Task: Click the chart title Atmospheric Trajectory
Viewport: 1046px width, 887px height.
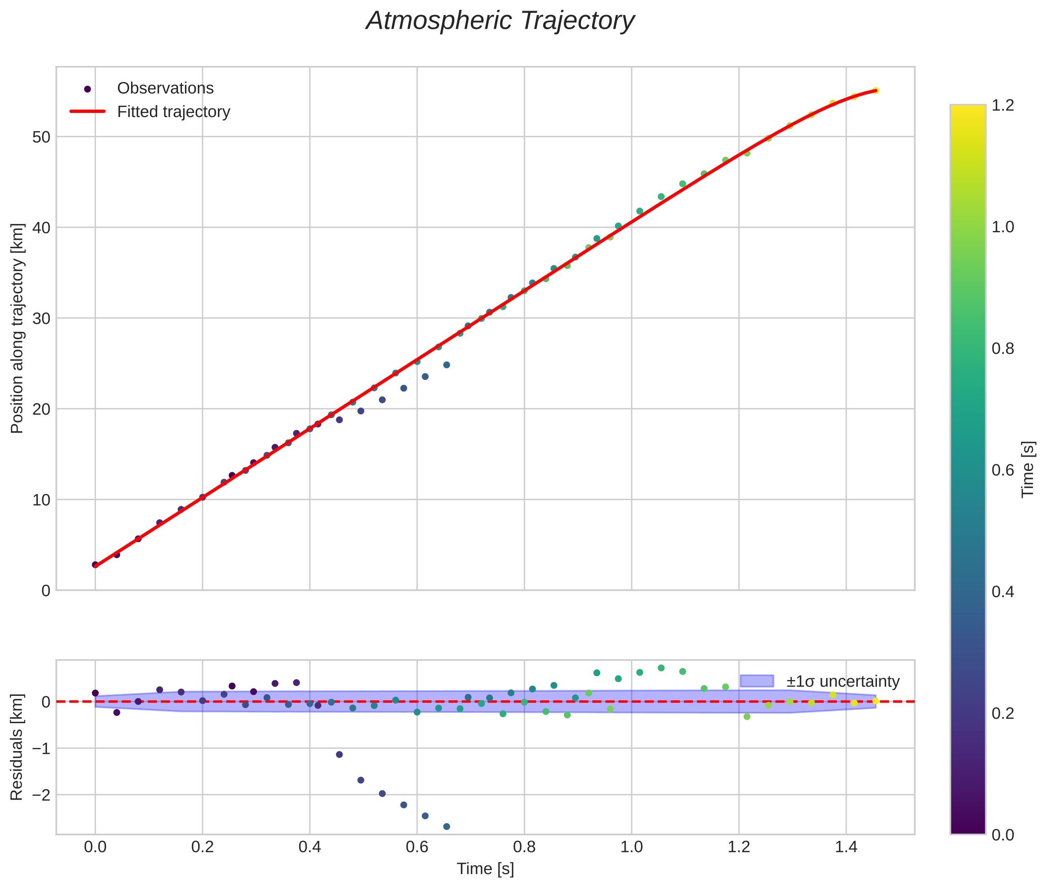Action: pos(500,21)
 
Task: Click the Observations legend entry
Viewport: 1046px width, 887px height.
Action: pos(165,88)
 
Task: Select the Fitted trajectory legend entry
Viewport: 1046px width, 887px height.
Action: pos(173,112)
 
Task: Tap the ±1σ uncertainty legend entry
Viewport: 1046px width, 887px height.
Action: pos(842,681)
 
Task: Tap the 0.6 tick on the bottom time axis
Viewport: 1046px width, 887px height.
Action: pos(417,847)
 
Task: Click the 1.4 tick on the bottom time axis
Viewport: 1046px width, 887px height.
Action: pos(846,847)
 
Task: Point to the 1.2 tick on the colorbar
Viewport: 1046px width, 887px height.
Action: pos(1003,105)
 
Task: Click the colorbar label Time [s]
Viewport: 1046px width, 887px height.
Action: pos(1028,469)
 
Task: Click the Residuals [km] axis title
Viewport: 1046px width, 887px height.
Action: pos(17,747)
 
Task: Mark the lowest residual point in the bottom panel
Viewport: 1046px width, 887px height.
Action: pos(446,826)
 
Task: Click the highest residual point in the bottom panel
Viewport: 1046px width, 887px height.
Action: pos(661,668)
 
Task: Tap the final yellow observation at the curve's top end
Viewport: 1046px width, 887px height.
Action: pos(875,90)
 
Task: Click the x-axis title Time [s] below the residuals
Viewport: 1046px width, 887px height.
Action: pos(485,869)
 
